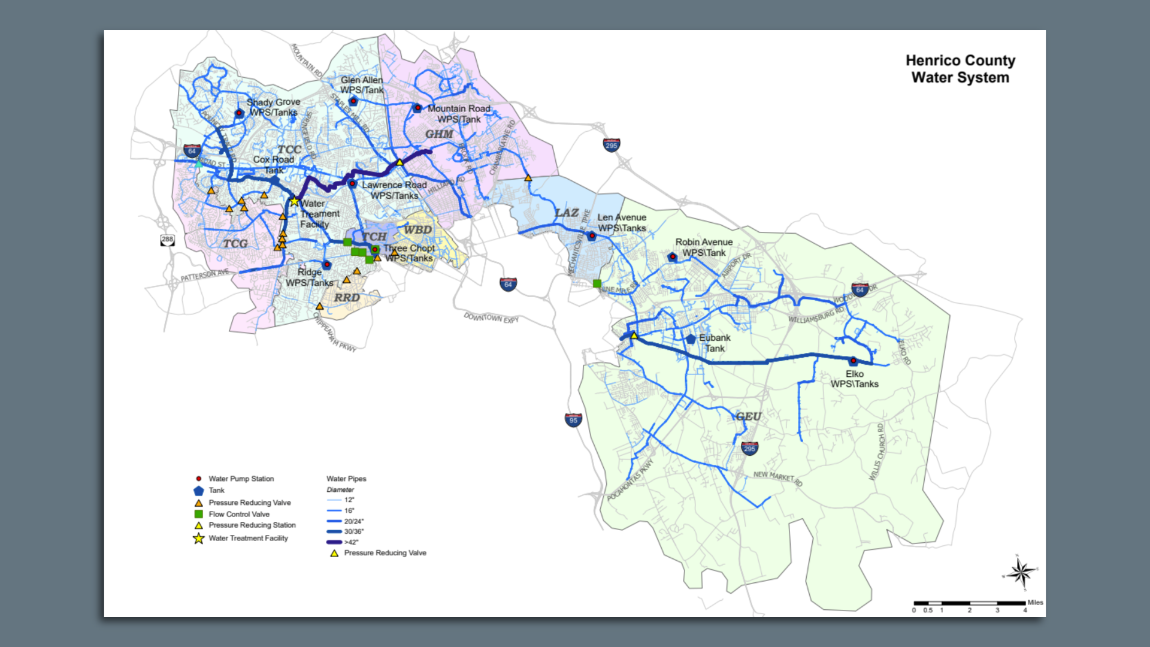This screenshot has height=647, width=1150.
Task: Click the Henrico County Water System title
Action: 960,69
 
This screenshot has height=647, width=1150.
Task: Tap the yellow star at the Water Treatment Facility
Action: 294,202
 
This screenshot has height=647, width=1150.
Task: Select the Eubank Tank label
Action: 715,343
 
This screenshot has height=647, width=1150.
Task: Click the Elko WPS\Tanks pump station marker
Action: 853,361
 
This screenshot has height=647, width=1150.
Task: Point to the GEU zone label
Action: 748,416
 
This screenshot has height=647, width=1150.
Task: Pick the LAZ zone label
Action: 566,213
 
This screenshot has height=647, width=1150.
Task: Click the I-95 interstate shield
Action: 573,420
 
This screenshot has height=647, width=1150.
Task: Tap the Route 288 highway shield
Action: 167,240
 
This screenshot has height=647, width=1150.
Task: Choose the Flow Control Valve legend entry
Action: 238,514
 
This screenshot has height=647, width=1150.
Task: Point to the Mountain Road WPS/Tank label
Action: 458,114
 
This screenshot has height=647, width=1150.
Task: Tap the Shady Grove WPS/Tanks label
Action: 273,107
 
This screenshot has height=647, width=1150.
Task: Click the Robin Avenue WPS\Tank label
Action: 704,247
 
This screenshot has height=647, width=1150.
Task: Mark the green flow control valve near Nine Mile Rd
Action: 597,283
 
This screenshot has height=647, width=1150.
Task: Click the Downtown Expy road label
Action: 491,318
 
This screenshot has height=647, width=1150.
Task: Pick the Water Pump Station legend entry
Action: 240,479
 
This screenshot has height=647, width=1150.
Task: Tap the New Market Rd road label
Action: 777,477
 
